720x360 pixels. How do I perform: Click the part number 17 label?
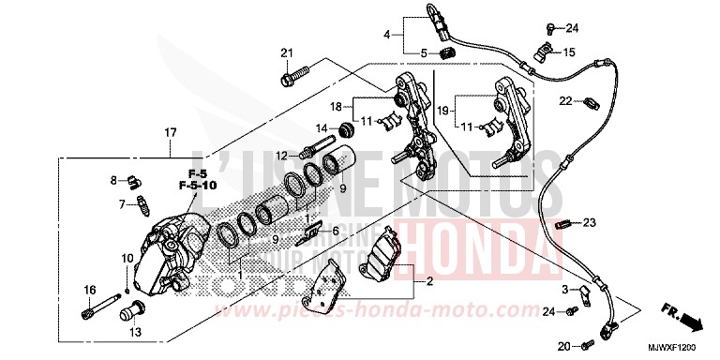171,133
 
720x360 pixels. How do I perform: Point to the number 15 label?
570,51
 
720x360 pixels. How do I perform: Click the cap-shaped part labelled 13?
132,310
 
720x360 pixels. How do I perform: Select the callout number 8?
112,179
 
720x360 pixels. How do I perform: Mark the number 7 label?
122,203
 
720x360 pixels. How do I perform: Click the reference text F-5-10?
196,187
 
